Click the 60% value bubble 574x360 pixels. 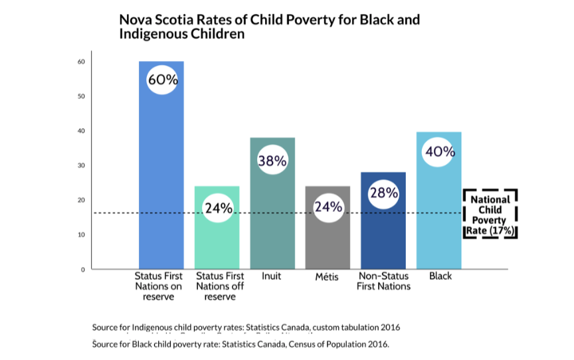coord(162,80)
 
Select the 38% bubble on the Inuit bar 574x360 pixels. coord(272,160)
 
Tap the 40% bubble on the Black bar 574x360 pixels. coord(439,151)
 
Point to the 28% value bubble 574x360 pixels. coord(383,193)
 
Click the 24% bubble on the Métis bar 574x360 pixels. coord(328,207)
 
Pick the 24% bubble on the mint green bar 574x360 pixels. coord(217,208)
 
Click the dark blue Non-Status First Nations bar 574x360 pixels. coord(383,239)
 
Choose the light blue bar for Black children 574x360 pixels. coord(439,219)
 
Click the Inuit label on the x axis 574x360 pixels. coord(272,276)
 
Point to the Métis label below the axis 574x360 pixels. coord(328,277)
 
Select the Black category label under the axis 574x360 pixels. coord(440,276)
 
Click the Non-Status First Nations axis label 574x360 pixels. coord(383,281)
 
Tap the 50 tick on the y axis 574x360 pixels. coord(82,96)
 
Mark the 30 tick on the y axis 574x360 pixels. coord(82,165)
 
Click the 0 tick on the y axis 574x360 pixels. coord(83,269)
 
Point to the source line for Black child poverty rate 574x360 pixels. coord(240,344)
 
